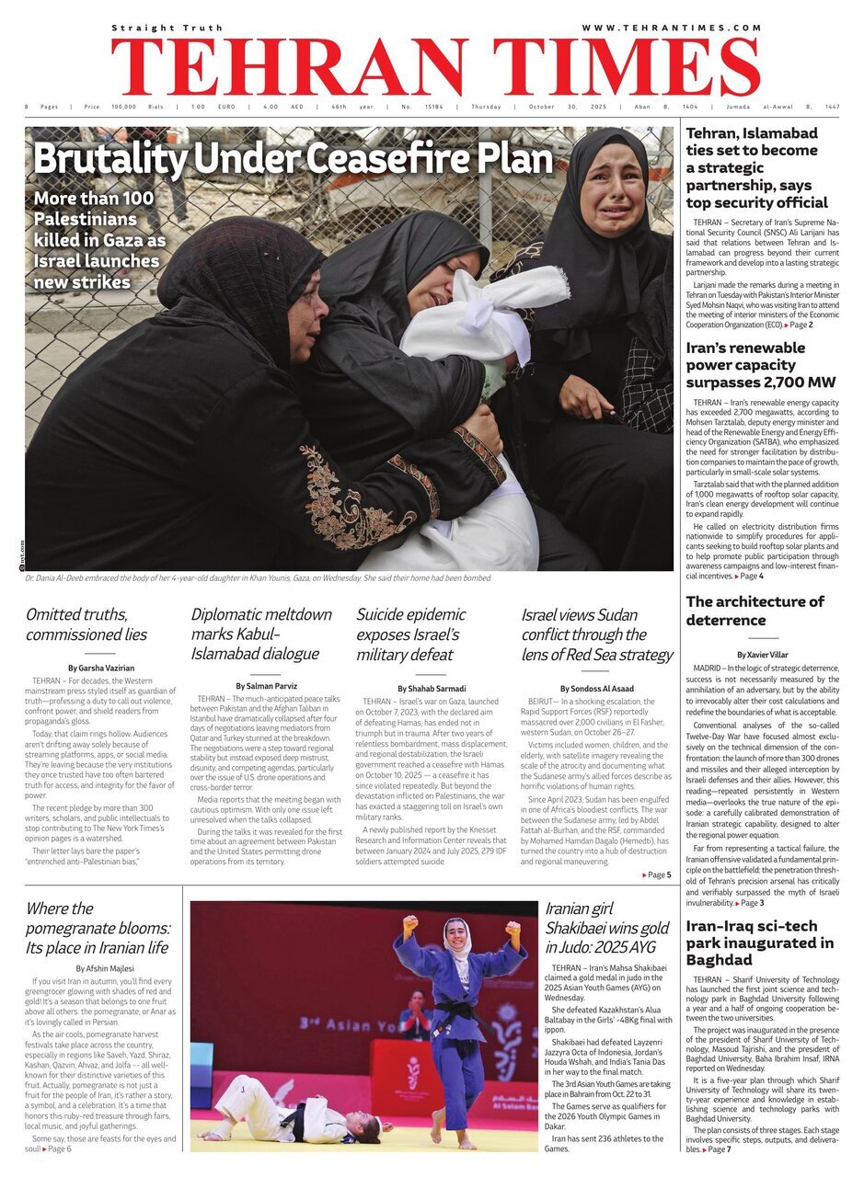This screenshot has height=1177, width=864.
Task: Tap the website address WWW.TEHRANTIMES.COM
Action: click(672, 28)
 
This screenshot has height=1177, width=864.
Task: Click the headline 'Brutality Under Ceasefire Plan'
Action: click(293, 159)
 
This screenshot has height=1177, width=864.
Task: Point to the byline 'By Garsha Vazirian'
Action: click(98, 668)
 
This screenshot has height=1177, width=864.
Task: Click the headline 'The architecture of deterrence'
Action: click(755, 611)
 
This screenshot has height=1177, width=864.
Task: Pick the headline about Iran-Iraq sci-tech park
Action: click(760, 942)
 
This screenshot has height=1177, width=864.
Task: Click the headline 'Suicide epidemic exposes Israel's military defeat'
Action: click(411, 634)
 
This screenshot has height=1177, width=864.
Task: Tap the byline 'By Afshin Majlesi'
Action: click(103, 967)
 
